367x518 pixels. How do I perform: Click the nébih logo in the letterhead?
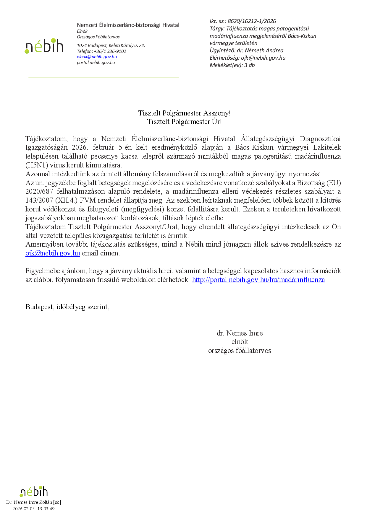pyautogui.click(x=44, y=46)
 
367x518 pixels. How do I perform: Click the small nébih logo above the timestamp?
pyautogui.click(x=34, y=492)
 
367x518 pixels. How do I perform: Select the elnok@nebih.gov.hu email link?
pyautogui.click(x=97, y=57)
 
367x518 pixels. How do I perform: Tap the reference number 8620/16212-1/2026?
pyautogui.click(x=252, y=21)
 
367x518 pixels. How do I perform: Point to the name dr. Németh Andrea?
pyautogui.click(x=260, y=51)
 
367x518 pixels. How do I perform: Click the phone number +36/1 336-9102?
pyautogui.click(x=110, y=51)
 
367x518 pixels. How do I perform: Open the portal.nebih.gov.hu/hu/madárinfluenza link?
pyautogui.click(x=258, y=280)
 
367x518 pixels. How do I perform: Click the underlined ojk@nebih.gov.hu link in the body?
pyautogui.click(x=53, y=253)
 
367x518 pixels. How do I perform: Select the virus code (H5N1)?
pyautogui.click(x=37, y=165)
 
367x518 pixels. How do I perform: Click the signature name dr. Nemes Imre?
pyautogui.click(x=240, y=333)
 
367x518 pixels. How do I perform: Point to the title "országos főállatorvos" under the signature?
pyautogui.click(x=240, y=351)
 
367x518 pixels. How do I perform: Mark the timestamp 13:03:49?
pyautogui.click(x=46, y=509)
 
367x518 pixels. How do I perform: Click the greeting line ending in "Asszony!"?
pyautogui.click(x=184, y=113)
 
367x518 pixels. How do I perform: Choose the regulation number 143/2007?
pyautogui.click(x=39, y=200)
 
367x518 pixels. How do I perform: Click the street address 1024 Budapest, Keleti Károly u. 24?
pyautogui.click(x=111, y=45)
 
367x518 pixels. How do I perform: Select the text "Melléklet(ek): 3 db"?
pyautogui.click(x=232, y=65)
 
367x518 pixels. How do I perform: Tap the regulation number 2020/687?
pyautogui.click(x=39, y=191)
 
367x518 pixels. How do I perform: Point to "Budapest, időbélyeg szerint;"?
pyautogui.click(x=67, y=307)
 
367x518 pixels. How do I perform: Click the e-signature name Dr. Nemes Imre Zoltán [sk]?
pyautogui.click(x=33, y=502)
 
